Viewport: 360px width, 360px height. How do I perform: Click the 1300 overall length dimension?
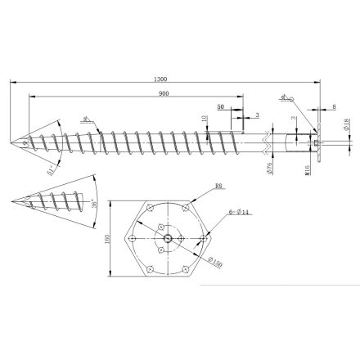pyautogui.click(x=160, y=79)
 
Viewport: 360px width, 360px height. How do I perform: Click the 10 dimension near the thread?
pyautogui.click(x=204, y=119)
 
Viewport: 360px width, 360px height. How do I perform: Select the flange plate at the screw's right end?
pyautogui.click(x=320, y=146)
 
